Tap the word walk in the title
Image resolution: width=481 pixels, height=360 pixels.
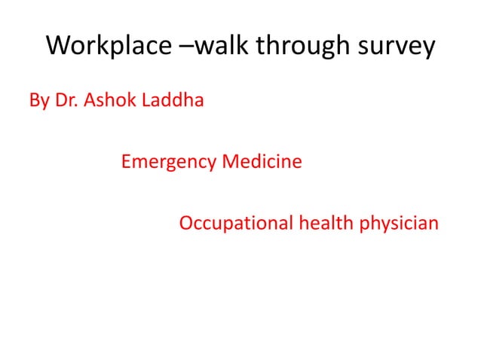[x=224, y=46]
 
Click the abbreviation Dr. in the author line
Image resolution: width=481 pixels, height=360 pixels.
[x=67, y=99]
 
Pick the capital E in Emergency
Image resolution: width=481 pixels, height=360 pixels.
[x=125, y=161]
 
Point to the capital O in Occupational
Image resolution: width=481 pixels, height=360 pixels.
[x=186, y=224]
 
